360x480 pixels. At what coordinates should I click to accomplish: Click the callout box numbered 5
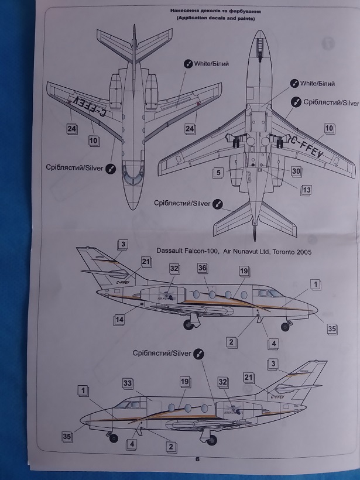tap(218, 173)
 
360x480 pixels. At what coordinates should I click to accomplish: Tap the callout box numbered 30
tap(296, 171)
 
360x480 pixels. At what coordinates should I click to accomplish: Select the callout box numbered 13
tap(306, 190)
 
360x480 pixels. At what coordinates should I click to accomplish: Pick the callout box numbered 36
tap(203, 268)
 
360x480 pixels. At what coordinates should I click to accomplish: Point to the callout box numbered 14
tap(119, 320)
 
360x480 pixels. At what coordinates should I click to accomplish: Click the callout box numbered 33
tap(128, 382)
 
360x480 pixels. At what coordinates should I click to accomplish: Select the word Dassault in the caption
tap(173, 251)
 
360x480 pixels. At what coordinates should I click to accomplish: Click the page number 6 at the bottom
tap(198, 460)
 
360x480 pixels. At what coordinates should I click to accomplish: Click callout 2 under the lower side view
tap(171, 447)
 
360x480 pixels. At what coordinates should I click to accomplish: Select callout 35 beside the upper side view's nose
tap(332, 329)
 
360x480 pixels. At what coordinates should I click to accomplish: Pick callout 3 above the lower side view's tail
tap(272, 364)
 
